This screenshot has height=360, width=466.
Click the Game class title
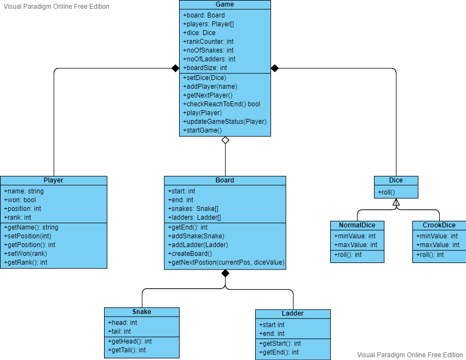(x=225, y=4)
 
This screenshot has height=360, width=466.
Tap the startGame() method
(x=202, y=130)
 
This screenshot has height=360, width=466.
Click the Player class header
(x=54, y=180)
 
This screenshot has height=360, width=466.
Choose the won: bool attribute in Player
(x=20, y=200)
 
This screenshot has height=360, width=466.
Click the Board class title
(x=225, y=180)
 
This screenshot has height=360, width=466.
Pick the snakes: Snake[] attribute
(x=193, y=209)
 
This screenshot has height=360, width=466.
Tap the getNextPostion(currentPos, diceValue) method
(x=226, y=262)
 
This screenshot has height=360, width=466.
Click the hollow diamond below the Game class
(x=225, y=140)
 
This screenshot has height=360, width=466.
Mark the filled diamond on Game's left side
(x=175, y=68)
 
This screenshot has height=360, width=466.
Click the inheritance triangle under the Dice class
(x=396, y=202)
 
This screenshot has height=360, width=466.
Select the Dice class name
(x=396, y=180)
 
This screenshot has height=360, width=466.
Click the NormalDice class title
(x=357, y=225)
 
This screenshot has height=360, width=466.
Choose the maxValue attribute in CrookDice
(x=438, y=245)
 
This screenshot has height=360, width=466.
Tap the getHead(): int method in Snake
(x=130, y=341)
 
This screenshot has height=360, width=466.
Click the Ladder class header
(x=292, y=313)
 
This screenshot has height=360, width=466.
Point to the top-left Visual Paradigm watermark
(x=56, y=7)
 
